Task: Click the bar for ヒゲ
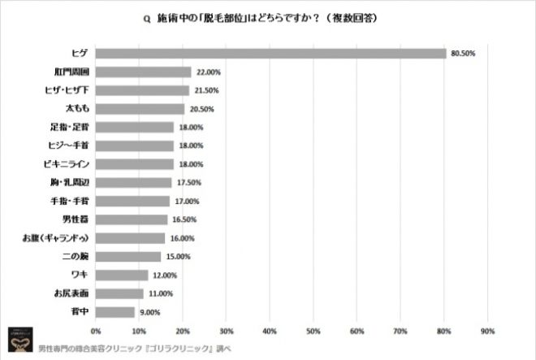click(x=270, y=54)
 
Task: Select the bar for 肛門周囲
click(x=143, y=72)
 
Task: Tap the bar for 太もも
click(x=140, y=108)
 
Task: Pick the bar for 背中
click(x=115, y=312)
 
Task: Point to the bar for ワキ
click(x=122, y=275)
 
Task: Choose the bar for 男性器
click(x=132, y=219)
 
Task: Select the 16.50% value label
click(x=184, y=219)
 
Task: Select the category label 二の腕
click(x=74, y=257)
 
